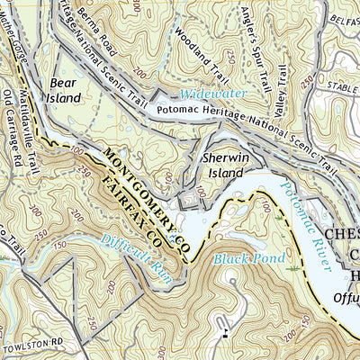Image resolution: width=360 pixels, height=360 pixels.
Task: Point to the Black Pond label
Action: [238, 258]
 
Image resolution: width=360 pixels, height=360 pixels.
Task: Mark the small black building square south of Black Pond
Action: [223, 336]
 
